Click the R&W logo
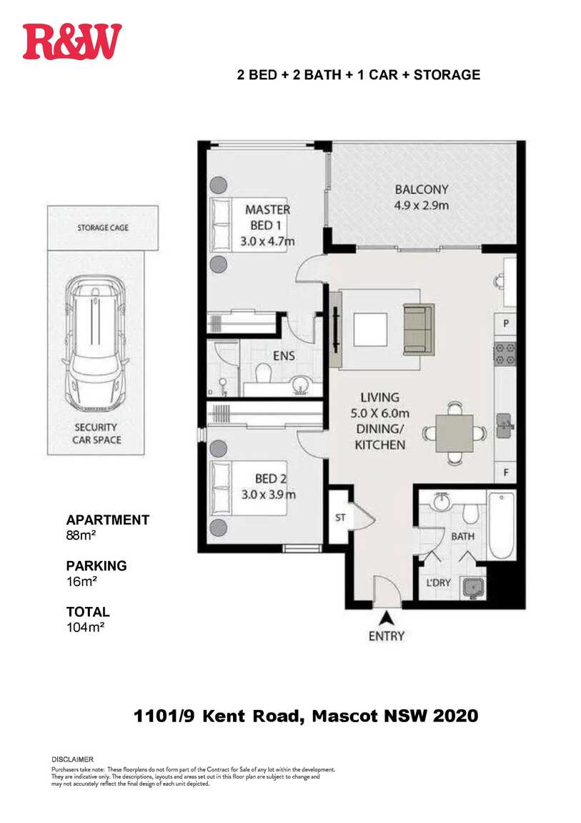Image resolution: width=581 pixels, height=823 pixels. point(71,42)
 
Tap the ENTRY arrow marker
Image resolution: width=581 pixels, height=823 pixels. point(387,619)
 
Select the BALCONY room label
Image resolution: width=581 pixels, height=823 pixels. point(422,189)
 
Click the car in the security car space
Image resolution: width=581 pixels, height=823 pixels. point(95,344)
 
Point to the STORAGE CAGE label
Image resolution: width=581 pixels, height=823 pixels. point(103,228)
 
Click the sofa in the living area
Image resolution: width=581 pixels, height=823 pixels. point(419,330)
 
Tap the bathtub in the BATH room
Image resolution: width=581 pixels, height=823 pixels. point(502,525)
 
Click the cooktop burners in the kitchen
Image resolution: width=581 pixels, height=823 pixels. point(505,354)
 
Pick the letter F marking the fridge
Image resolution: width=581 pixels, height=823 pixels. point(506,472)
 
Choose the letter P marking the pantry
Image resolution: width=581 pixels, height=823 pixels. point(506,323)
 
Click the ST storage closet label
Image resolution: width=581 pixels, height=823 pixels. point(341,517)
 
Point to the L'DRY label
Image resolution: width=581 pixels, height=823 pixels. point(439,582)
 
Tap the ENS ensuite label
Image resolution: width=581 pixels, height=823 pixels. point(284,356)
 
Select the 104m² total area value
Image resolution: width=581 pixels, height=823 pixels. point(85,627)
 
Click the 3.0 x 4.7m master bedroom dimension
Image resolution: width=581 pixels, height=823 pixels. point(267,241)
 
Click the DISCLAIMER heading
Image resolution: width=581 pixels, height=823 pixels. point(72,759)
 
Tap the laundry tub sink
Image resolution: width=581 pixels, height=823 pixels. point(474,588)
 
